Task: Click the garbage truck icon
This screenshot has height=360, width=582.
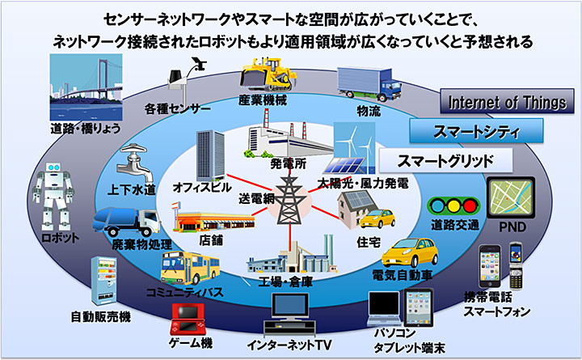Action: point(132,222)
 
